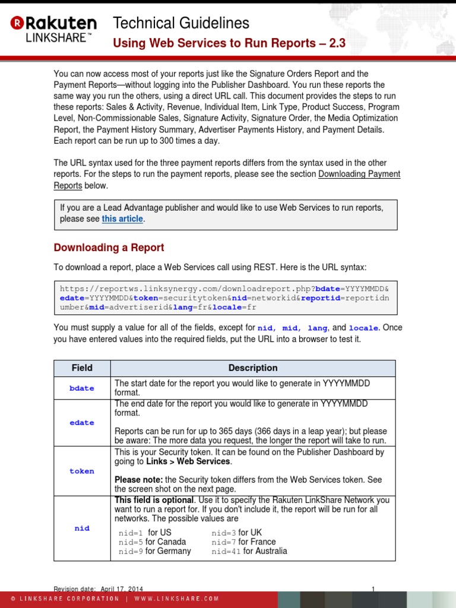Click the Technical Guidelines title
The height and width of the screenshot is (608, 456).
[180, 23]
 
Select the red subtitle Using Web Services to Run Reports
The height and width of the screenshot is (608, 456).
[229, 43]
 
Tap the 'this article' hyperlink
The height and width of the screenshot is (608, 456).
[122, 219]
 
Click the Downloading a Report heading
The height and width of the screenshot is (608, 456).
[109, 248]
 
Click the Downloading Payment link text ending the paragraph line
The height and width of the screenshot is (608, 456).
[359, 174]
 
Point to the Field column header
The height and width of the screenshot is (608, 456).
[82, 368]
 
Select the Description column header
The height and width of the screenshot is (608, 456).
[253, 368]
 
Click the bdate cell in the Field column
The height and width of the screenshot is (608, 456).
[82, 388]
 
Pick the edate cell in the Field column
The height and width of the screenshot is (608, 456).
[82, 423]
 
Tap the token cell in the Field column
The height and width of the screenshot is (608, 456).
[82, 471]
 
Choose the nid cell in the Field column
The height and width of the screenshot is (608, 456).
[82, 528]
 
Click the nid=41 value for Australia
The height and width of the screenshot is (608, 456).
[226, 552]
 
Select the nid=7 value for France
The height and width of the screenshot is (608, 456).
[224, 542]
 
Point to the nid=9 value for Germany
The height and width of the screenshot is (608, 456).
[131, 552]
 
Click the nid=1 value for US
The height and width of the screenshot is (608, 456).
[131, 533]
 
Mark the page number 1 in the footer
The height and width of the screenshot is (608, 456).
[373, 589]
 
